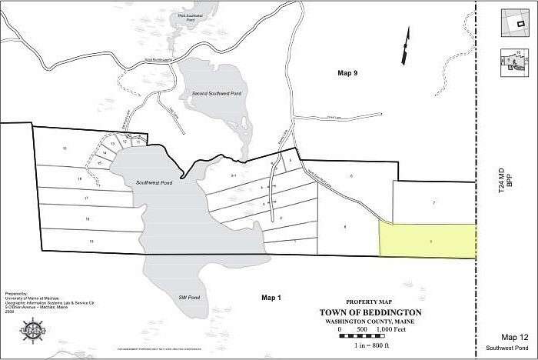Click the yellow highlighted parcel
pos(428,240)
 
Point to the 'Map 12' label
pos(514,337)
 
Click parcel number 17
pos(87,198)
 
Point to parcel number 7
pos(434,202)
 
